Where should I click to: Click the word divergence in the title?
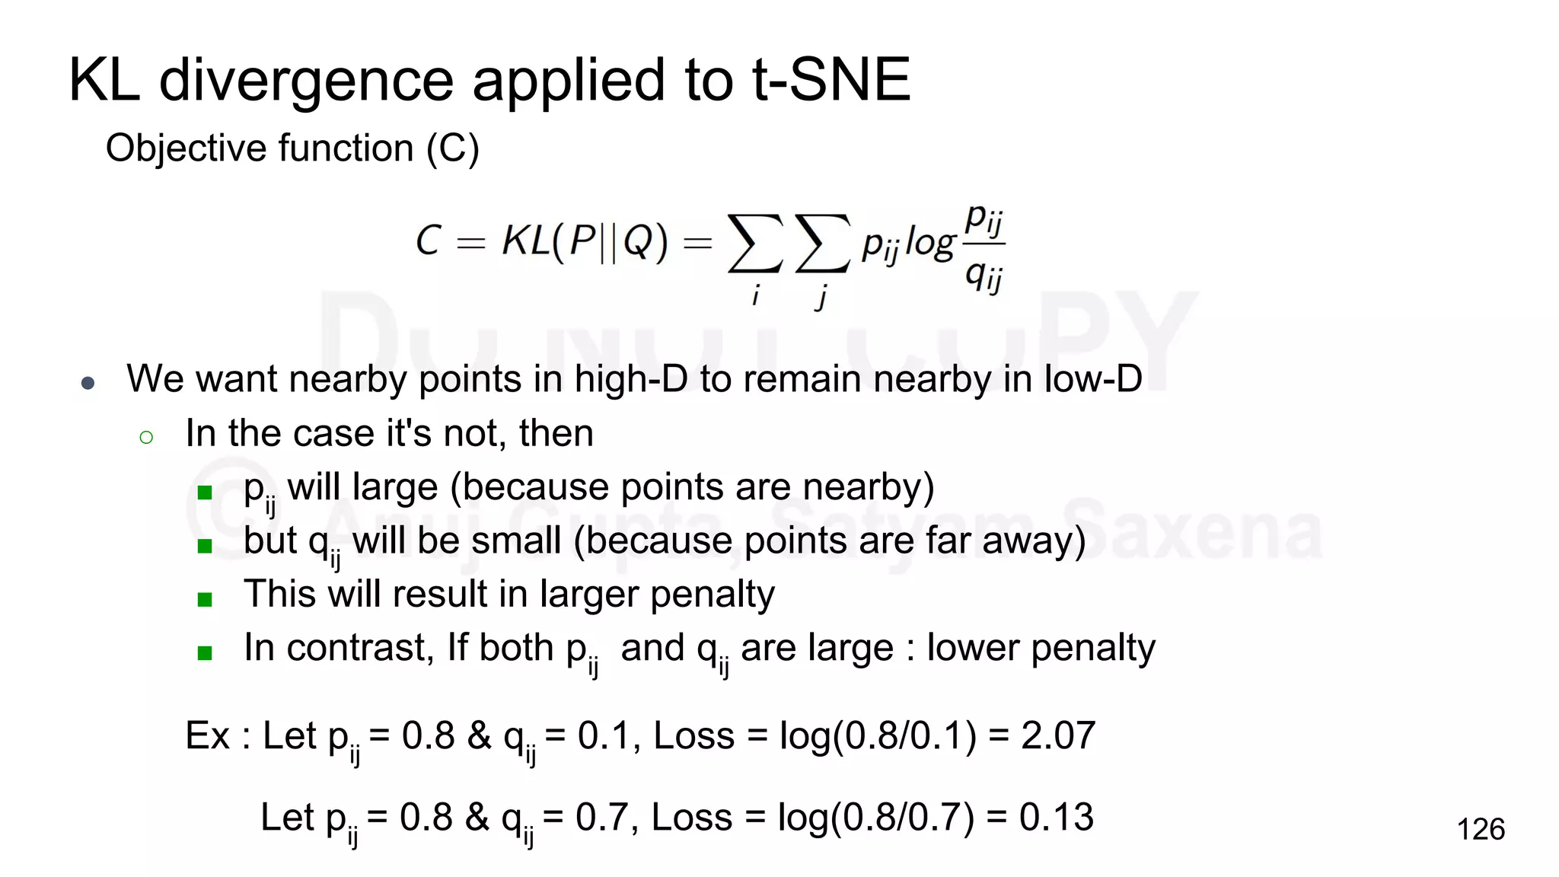(x=306, y=81)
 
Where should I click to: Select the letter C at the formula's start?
(x=428, y=241)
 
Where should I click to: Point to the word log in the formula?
(x=929, y=244)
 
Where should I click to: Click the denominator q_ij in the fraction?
(x=984, y=276)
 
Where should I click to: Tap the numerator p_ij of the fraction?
(x=984, y=218)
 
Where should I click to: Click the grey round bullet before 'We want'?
(x=88, y=383)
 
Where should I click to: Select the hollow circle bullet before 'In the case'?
(x=146, y=437)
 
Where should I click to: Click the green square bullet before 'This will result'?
(x=204, y=599)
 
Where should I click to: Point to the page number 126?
(x=1480, y=829)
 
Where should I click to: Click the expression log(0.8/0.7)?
(x=875, y=818)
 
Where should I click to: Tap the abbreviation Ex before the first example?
(x=207, y=735)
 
